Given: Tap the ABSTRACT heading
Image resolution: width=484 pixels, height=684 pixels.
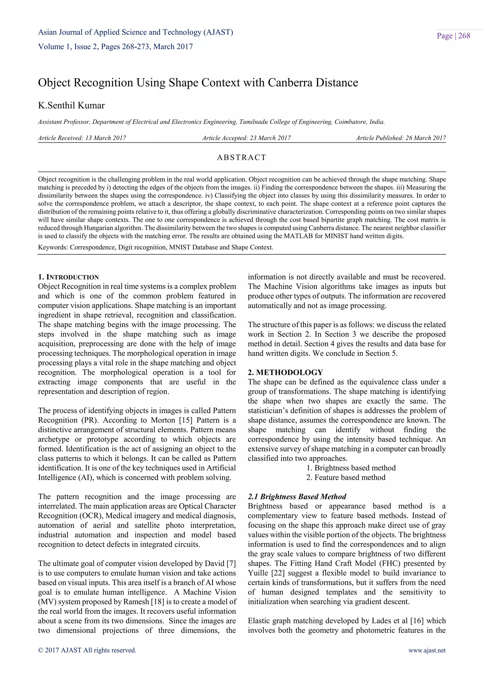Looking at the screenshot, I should [242, 157].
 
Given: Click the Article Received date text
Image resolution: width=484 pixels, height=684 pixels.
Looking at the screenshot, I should [82, 138].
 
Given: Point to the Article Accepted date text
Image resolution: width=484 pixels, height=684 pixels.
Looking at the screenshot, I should [246, 138].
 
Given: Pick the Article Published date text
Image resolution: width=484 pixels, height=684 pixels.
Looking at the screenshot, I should [401, 138].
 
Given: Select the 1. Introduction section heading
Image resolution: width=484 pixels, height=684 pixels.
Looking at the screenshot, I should [68, 277].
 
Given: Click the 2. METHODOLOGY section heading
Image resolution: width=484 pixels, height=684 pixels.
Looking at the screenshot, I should [285, 372].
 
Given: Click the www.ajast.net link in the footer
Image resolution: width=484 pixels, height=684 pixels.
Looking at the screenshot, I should [427, 650].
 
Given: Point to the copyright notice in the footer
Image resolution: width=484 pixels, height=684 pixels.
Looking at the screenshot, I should [87, 650].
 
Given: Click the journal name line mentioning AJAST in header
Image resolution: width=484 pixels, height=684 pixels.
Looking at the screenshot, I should [136, 32].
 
